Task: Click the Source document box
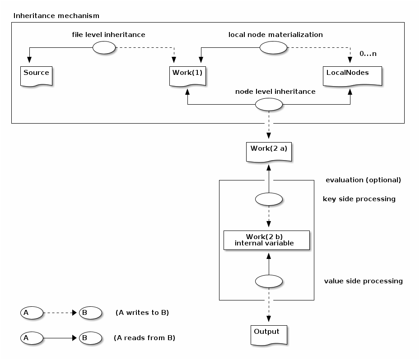pyautogui.click(x=36, y=75)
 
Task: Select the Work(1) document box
pyautogui.click(x=187, y=75)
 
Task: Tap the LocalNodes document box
pyautogui.click(x=352, y=75)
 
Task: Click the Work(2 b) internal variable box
pyautogui.click(x=266, y=240)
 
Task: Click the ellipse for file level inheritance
pyautogui.click(x=104, y=47)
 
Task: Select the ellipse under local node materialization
pyautogui.click(x=273, y=47)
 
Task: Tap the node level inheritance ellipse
pyautogui.click(x=269, y=105)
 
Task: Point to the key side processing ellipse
pyautogui.click(x=269, y=199)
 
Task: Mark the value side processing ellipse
pyautogui.click(x=269, y=282)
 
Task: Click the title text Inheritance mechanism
pyautogui.click(x=56, y=16)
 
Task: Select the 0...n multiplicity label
pyautogui.click(x=368, y=54)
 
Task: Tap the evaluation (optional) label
pyautogui.click(x=363, y=180)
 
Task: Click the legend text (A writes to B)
pyautogui.click(x=142, y=312)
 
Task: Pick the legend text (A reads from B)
pyautogui.click(x=144, y=337)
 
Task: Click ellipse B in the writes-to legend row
pyautogui.click(x=90, y=312)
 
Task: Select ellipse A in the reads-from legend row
pyautogui.click(x=32, y=337)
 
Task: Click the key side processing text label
pyautogui.click(x=359, y=199)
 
